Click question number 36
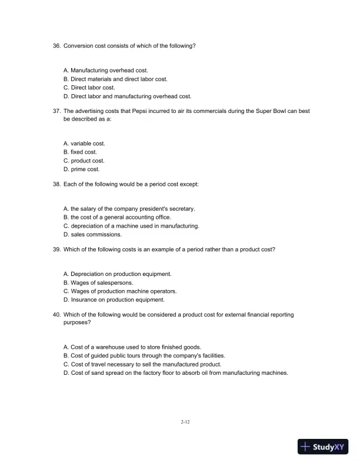56,45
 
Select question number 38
56,184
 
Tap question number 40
56,315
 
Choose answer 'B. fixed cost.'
80,152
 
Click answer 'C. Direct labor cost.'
89,88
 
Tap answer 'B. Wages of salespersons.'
98,282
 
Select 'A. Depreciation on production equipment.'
117,274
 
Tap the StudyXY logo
323,447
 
